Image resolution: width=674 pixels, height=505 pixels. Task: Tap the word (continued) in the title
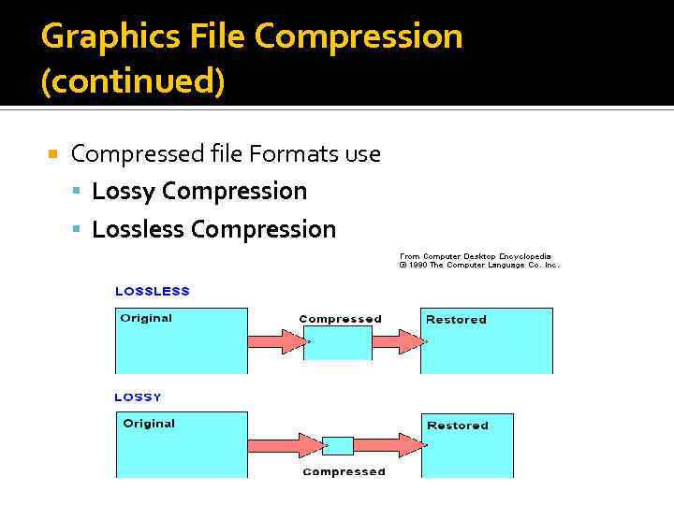[x=133, y=80]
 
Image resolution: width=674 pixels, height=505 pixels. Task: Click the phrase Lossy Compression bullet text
[x=199, y=191]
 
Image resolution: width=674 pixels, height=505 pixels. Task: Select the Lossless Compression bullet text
[x=213, y=229]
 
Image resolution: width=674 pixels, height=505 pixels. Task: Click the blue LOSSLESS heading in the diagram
[x=153, y=291]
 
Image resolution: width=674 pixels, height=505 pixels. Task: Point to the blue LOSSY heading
[x=139, y=397]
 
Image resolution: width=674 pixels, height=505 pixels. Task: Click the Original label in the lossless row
[x=146, y=318]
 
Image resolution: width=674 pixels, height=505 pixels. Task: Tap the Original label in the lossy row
[x=149, y=424]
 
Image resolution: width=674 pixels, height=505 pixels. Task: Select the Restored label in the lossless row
[x=456, y=320]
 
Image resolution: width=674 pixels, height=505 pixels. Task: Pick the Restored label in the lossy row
[x=458, y=426]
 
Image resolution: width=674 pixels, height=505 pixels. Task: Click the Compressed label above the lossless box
[x=340, y=319]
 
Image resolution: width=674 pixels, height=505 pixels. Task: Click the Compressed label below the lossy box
[x=344, y=471]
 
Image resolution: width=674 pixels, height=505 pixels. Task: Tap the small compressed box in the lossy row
[x=338, y=445]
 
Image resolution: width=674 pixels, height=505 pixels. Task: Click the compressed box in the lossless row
[x=338, y=342]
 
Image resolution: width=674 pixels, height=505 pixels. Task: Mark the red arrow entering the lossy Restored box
[x=388, y=445]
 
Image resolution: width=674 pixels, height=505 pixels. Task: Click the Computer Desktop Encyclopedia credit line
[x=476, y=256]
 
